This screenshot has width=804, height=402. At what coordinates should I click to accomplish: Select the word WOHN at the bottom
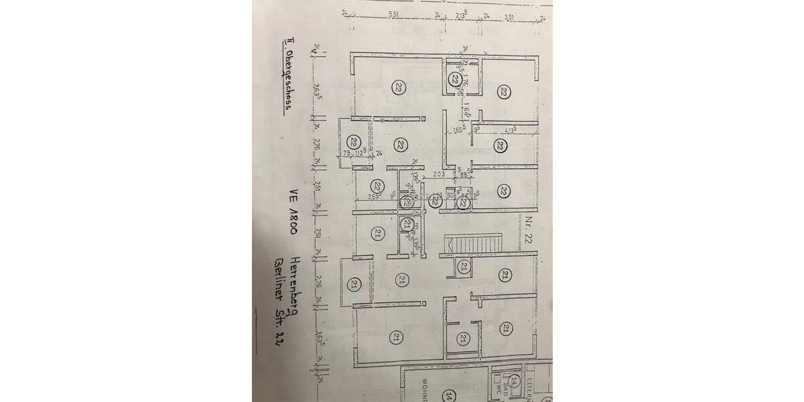click(x=424, y=387)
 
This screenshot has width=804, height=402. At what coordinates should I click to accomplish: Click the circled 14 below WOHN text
click(x=451, y=395)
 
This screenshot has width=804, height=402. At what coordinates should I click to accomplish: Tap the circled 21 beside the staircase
click(x=464, y=267)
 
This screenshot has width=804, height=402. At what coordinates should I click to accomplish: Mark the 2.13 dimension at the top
click(x=460, y=14)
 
